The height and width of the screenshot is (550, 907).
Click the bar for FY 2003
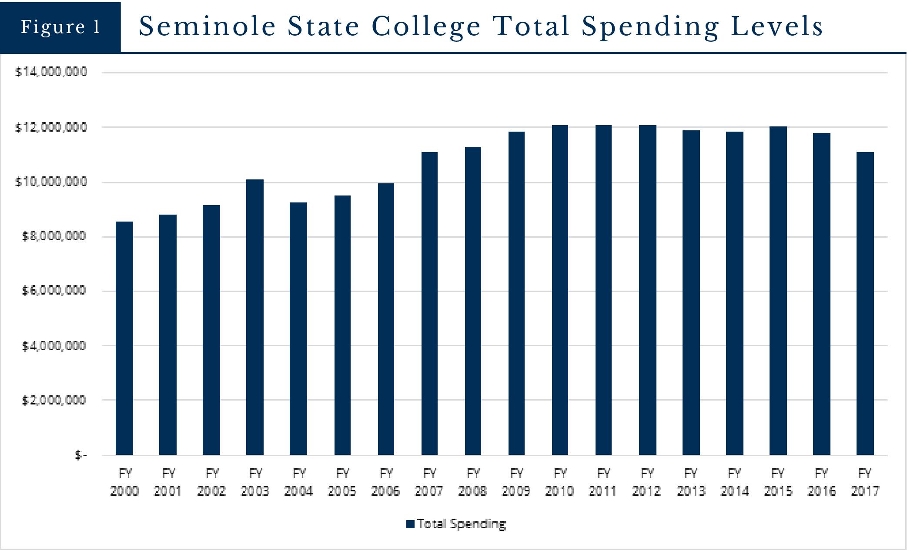pyautogui.click(x=255, y=317)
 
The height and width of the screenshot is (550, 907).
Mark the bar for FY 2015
pyautogui.click(x=778, y=291)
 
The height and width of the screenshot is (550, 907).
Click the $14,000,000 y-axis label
pyautogui.click(x=51, y=72)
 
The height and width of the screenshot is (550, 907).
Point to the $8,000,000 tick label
pyautogui.click(x=54, y=236)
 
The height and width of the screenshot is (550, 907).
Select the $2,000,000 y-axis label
pyautogui.click(x=54, y=400)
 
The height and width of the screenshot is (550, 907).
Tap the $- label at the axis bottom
pyautogui.click(x=81, y=455)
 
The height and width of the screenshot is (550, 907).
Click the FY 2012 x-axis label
pyautogui.click(x=647, y=482)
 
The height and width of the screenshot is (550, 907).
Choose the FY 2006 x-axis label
pyautogui.click(x=385, y=482)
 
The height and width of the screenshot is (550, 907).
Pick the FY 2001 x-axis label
pyautogui.click(x=168, y=482)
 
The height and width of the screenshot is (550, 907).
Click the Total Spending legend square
pyautogui.click(x=410, y=524)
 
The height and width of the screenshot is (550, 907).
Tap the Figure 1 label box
pyautogui.click(x=60, y=27)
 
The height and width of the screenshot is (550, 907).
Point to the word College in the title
pyautogui.click(x=426, y=27)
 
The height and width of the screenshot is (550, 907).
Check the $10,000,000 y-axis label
pyautogui.click(x=51, y=182)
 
